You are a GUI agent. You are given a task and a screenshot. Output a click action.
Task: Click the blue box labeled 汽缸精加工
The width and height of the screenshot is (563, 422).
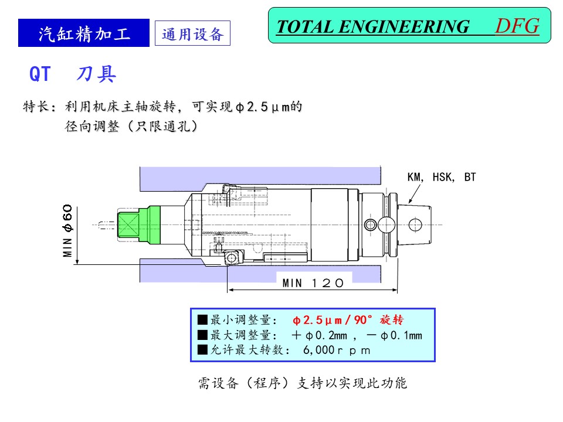tap(84, 33)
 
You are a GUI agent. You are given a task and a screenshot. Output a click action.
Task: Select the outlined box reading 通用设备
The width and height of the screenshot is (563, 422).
tap(192, 34)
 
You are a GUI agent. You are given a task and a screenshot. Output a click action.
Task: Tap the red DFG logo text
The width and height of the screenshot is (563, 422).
tap(517, 26)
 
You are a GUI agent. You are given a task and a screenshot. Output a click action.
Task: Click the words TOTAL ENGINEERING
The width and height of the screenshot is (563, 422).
tap(373, 27)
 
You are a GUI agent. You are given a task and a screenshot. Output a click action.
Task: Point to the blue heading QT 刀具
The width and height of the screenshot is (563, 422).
tap(73, 74)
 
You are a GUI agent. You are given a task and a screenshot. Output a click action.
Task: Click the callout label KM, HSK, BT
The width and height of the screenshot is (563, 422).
tap(442, 176)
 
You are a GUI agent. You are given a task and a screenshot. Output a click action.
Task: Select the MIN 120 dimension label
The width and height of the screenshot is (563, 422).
tap(313, 283)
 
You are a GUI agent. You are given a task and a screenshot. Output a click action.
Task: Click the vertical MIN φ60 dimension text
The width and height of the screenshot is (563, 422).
tap(68, 230)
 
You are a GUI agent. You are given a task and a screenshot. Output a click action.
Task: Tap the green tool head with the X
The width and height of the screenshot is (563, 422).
tap(129, 224)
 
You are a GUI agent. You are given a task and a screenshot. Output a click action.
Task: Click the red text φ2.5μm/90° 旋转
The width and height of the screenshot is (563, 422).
tap(348, 320)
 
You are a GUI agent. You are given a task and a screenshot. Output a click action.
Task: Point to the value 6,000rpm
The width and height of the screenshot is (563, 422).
tap(337, 350)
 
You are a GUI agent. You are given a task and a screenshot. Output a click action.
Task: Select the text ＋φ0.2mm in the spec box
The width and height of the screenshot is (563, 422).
tap(321, 335)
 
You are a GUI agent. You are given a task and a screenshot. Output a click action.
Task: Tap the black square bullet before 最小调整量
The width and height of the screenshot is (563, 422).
tap(203, 320)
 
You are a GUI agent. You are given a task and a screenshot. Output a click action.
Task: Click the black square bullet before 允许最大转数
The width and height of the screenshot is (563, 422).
tap(203, 350)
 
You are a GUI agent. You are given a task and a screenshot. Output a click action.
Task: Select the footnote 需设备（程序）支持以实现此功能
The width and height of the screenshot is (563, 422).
tap(302, 384)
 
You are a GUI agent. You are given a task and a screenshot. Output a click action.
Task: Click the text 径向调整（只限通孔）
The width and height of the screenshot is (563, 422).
tap(131, 127)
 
